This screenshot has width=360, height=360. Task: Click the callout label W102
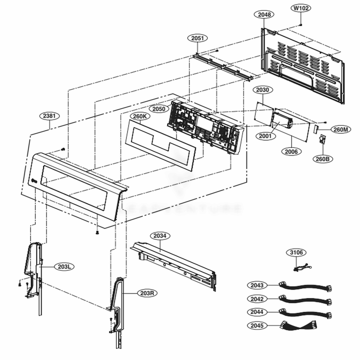(301, 8)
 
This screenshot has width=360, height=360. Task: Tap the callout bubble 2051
(197, 38)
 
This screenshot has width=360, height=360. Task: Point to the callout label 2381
(49, 116)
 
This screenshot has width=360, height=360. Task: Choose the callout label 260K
(140, 116)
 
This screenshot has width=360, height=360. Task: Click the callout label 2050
(159, 109)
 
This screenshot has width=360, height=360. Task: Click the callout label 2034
(160, 236)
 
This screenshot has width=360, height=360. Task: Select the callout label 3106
(297, 253)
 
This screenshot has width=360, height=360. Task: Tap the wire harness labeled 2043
(306, 287)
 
